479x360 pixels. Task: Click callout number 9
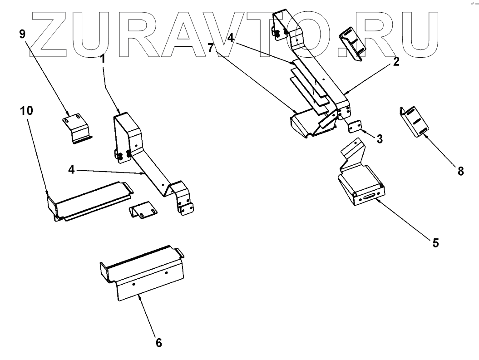click(x=21, y=35)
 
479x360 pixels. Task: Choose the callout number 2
click(x=396, y=62)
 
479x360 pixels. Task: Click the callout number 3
click(x=379, y=139)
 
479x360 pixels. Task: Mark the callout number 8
click(x=460, y=171)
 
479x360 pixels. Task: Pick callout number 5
click(x=435, y=243)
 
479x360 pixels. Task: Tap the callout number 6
click(x=158, y=342)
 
